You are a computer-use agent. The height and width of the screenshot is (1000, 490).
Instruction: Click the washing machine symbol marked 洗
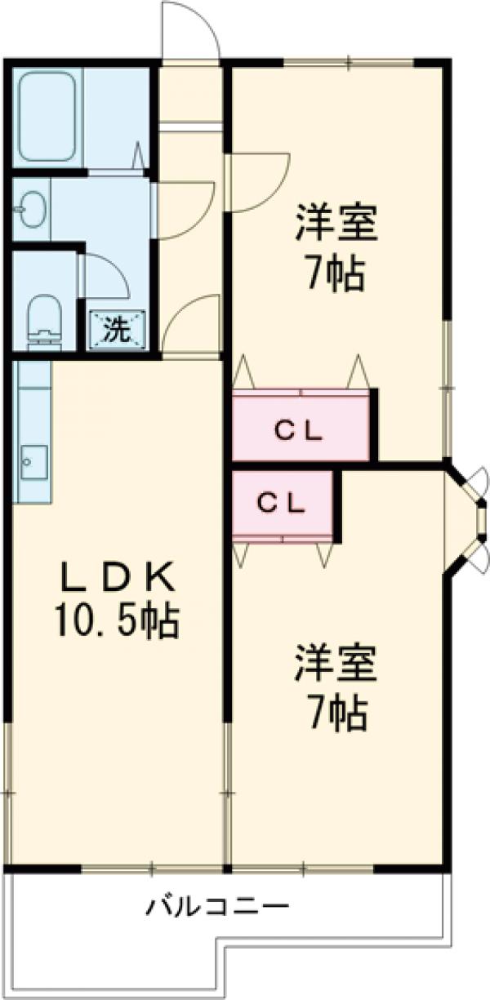coord(116,330)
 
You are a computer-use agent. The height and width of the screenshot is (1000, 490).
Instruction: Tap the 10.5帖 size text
coord(117,622)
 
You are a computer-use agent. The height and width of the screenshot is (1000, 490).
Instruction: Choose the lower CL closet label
coord(282,503)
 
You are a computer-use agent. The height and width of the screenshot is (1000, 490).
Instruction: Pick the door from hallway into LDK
coord(192,327)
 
